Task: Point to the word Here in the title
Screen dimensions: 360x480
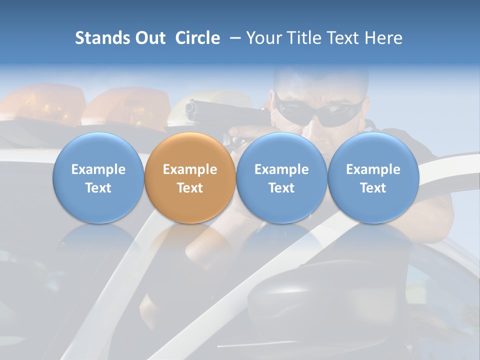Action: click(383, 38)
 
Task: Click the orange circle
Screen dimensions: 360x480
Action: click(190, 178)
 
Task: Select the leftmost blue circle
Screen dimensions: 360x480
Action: click(98, 178)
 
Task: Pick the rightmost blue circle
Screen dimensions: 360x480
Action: click(373, 178)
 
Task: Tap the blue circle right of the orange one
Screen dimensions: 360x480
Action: click(281, 178)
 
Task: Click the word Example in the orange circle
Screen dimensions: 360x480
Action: click(190, 169)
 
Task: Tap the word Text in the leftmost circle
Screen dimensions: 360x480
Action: click(98, 187)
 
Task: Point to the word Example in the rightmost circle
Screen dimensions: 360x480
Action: click(373, 169)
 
